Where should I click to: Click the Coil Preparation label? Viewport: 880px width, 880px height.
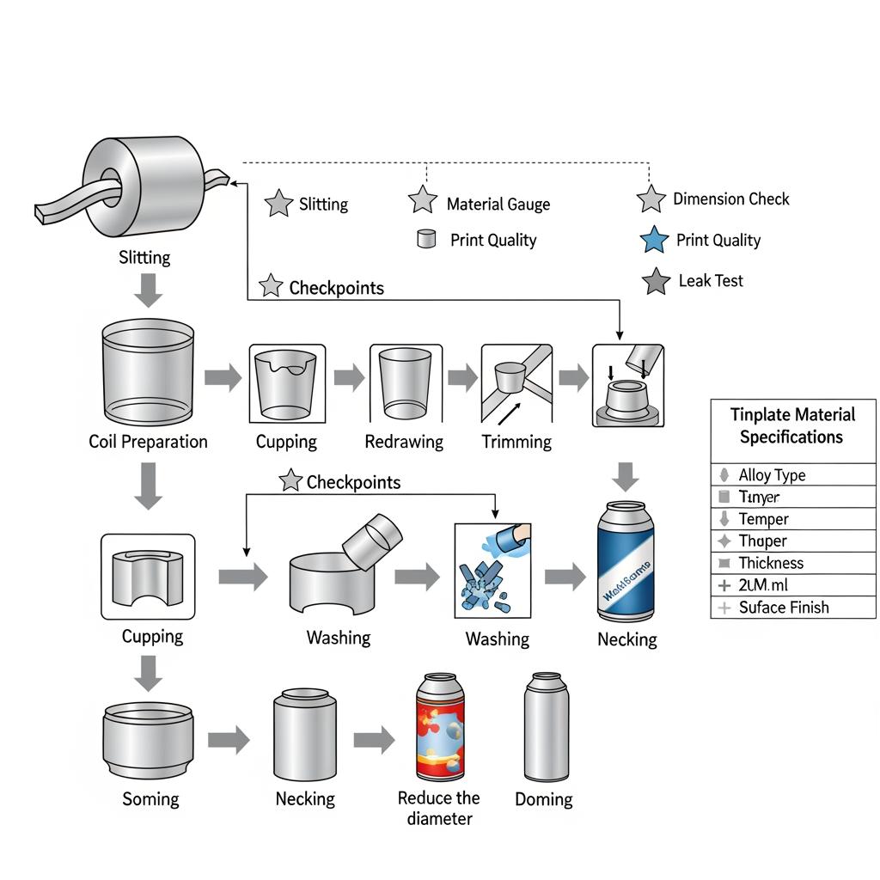pyautogui.click(x=148, y=442)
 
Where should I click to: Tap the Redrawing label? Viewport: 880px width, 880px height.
pyautogui.click(x=404, y=442)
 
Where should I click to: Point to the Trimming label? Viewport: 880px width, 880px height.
pyautogui.click(x=516, y=442)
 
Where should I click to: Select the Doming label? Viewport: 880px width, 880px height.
pyautogui.click(x=543, y=799)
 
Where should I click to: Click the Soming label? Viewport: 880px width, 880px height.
pyautogui.click(x=150, y=798)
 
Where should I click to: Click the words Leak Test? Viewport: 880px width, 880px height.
pyautogui.click(x=711, y=281)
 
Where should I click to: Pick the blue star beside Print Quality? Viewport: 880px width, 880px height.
pyautogui.click(x=655, y=241)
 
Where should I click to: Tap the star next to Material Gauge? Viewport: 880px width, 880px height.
pyautogui.click(x=423, y=201)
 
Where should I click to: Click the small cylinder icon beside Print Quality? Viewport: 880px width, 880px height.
pyautogui.click(x=425, y=239)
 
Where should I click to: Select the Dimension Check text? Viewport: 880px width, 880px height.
pyautogui.click(x=730, y=199)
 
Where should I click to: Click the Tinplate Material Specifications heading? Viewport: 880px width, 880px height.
pyautogui.click(x=792, y=425)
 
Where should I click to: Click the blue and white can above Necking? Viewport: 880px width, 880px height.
pyautogui.click(x=626, y=562)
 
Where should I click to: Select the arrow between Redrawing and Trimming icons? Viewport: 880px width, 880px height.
pyautogui.click(x=462, y=376)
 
